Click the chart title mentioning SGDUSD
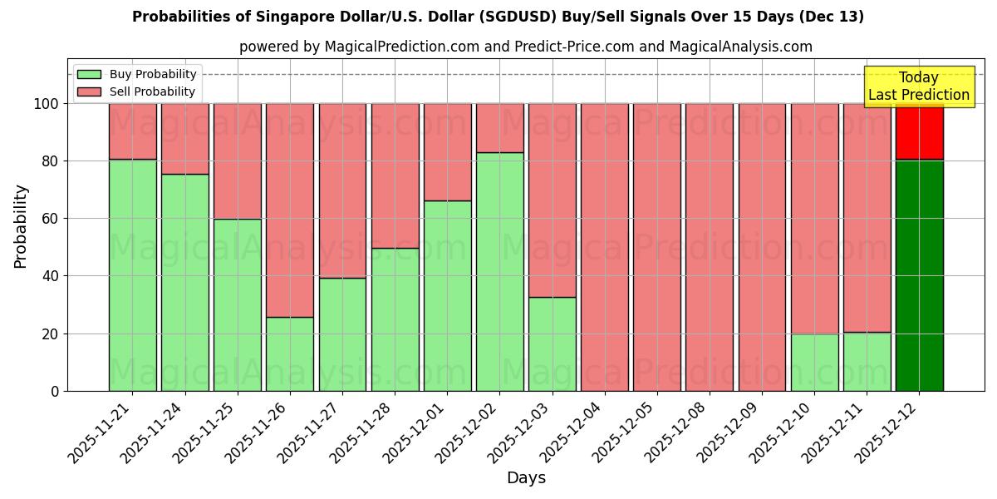498,17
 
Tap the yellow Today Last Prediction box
919,86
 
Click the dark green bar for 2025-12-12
919,274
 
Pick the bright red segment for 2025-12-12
919,131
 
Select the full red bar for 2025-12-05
656,247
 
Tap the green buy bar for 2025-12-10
814,362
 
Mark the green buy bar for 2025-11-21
133,274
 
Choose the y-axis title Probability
21,225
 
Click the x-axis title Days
526,478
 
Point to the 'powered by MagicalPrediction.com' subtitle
525,47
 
